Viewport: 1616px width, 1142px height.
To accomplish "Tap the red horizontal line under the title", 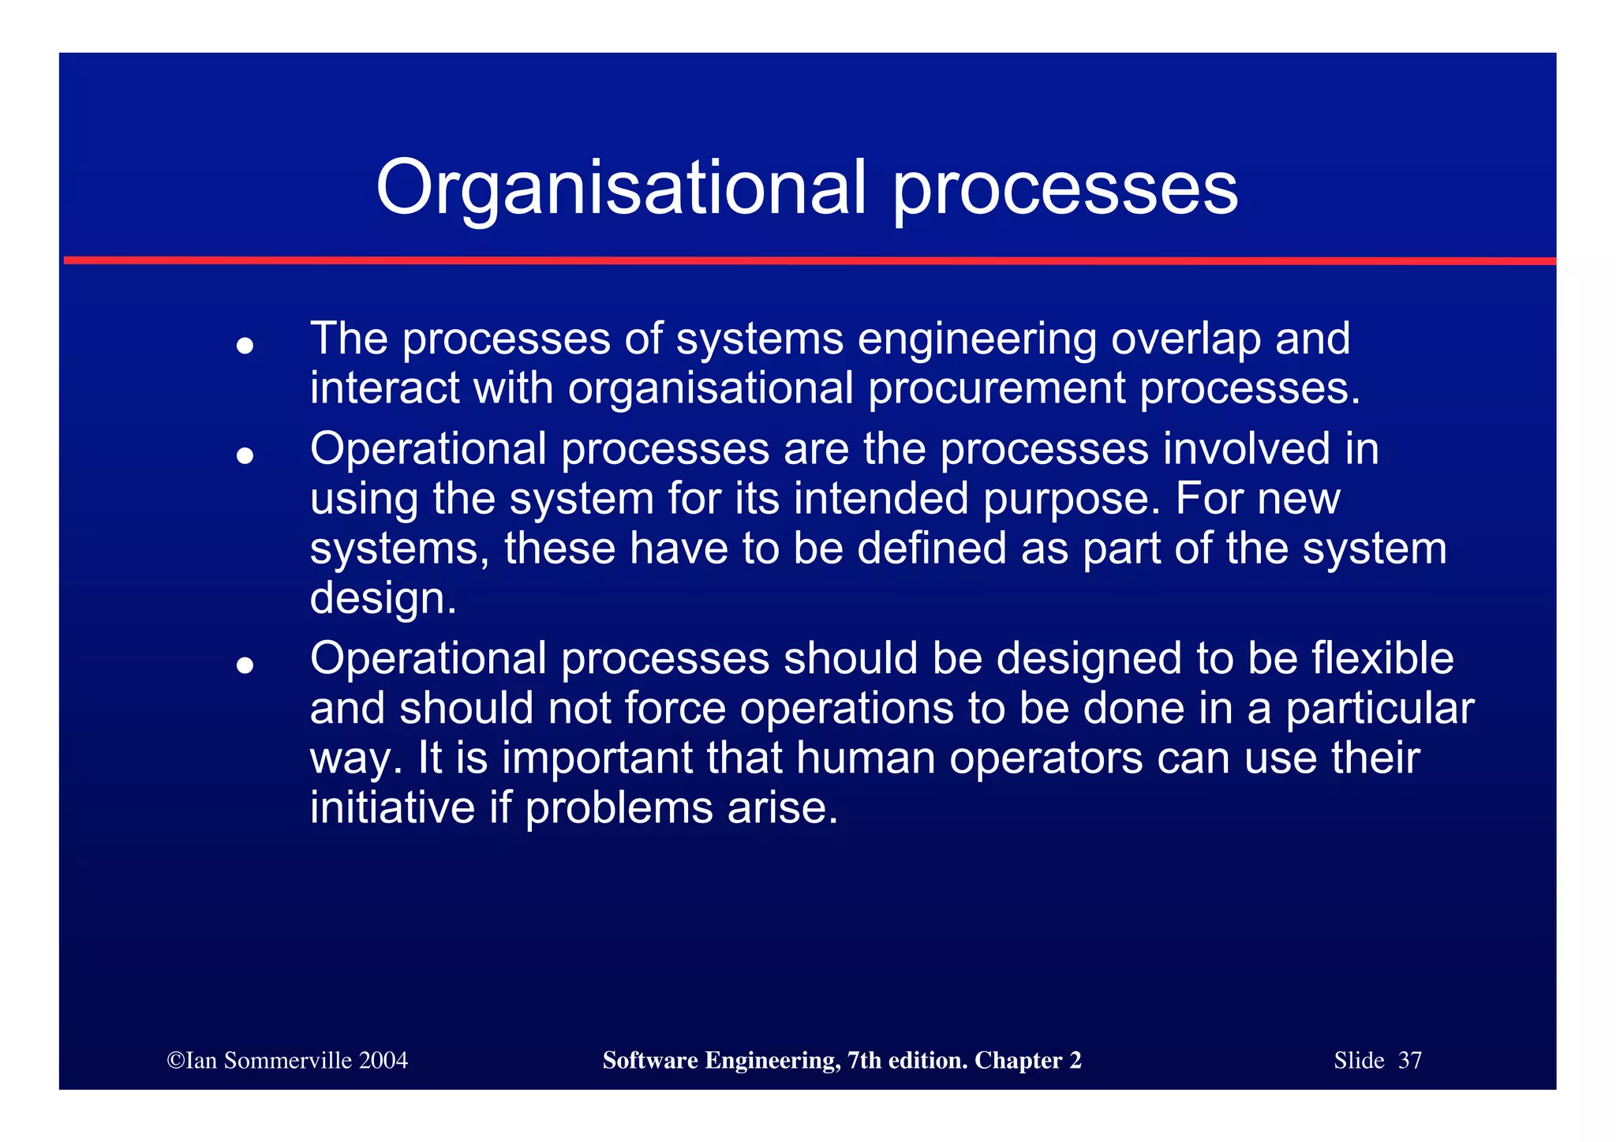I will pos(808,260).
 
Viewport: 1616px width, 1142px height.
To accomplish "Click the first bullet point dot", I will pos(245,345).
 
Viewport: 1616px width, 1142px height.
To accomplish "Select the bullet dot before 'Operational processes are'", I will pos(245,455).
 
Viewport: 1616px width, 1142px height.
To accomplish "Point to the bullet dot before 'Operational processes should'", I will pos(245,665).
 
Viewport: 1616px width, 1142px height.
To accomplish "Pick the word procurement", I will pos(997,388).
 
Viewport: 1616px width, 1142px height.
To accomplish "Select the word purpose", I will pos(1071,500).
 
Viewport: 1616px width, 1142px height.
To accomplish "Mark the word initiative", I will pos(392,807).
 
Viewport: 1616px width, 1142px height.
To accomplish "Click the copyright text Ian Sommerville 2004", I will pos(288,1060).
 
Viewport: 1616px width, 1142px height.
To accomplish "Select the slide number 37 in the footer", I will pos(1409,1060).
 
